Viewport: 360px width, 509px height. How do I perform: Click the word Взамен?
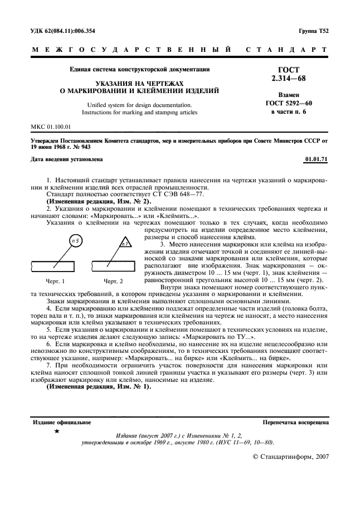tap(288, 95)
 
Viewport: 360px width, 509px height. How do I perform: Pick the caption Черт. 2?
tap(113, 281)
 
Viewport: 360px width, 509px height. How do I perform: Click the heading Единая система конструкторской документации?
tap(139, 70)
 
